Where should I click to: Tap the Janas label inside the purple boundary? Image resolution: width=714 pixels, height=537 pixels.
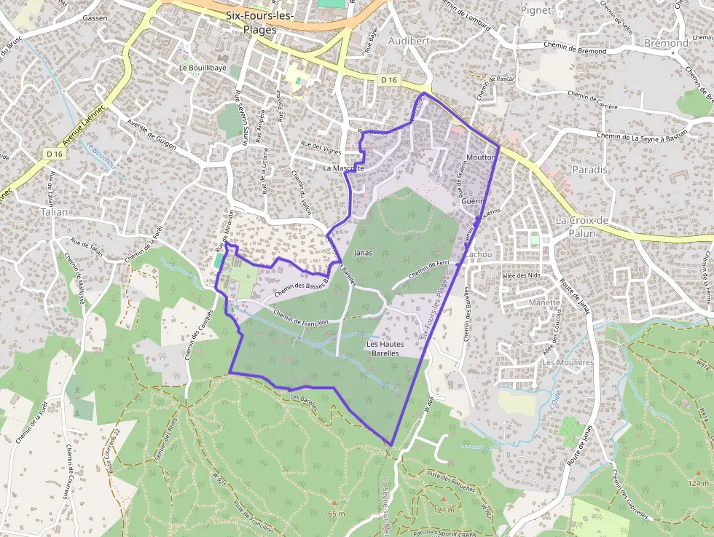click(x=363, y=253)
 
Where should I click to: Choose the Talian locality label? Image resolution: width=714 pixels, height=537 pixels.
click(x=55, y=211)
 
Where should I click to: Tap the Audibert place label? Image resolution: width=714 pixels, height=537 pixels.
click(x=409, y=41)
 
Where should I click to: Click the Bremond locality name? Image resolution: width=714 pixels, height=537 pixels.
click(x=666, y=43)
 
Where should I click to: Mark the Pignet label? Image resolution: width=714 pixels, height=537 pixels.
click(x=535, y=10)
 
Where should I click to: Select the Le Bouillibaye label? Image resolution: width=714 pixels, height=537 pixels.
click(x=203, y=68)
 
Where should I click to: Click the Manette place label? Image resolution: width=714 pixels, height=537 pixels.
click(x=545, y=302)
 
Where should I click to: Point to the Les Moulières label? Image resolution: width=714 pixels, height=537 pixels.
click(x=568, y=362)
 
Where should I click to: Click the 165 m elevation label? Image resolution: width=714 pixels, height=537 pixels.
click(x=334, y=514)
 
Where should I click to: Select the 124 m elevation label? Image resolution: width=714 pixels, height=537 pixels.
click(x=697, y=483)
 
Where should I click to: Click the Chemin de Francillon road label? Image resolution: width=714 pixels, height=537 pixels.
click(x=301, y=317)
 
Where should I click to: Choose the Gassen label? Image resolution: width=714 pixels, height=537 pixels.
click(x=95, y=17)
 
